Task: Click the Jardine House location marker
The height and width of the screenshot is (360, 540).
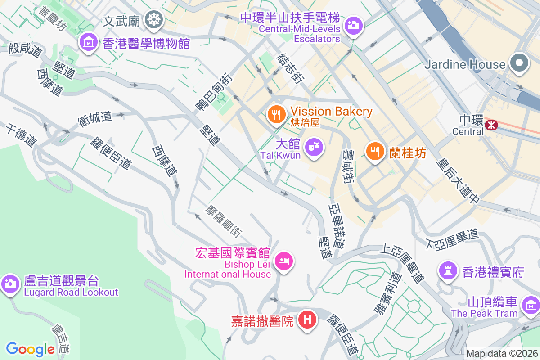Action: click(x=519, y=63)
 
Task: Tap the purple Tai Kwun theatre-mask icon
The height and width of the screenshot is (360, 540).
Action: click(x=314, y=148)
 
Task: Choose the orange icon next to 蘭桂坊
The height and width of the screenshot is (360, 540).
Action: click(x=374, y=151)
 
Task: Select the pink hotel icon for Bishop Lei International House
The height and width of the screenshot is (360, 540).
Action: click(x=284, y=261)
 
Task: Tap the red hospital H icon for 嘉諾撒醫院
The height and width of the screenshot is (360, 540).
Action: click(x=307, y=320)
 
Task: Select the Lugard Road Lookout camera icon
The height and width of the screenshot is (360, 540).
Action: click(x=10, y=283)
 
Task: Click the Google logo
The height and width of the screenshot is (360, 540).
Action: click(x=30, y=349)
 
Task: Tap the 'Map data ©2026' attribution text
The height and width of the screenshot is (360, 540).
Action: click(x=501, y=354)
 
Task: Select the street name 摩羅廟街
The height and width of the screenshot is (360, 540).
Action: click(x=224, y=221)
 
